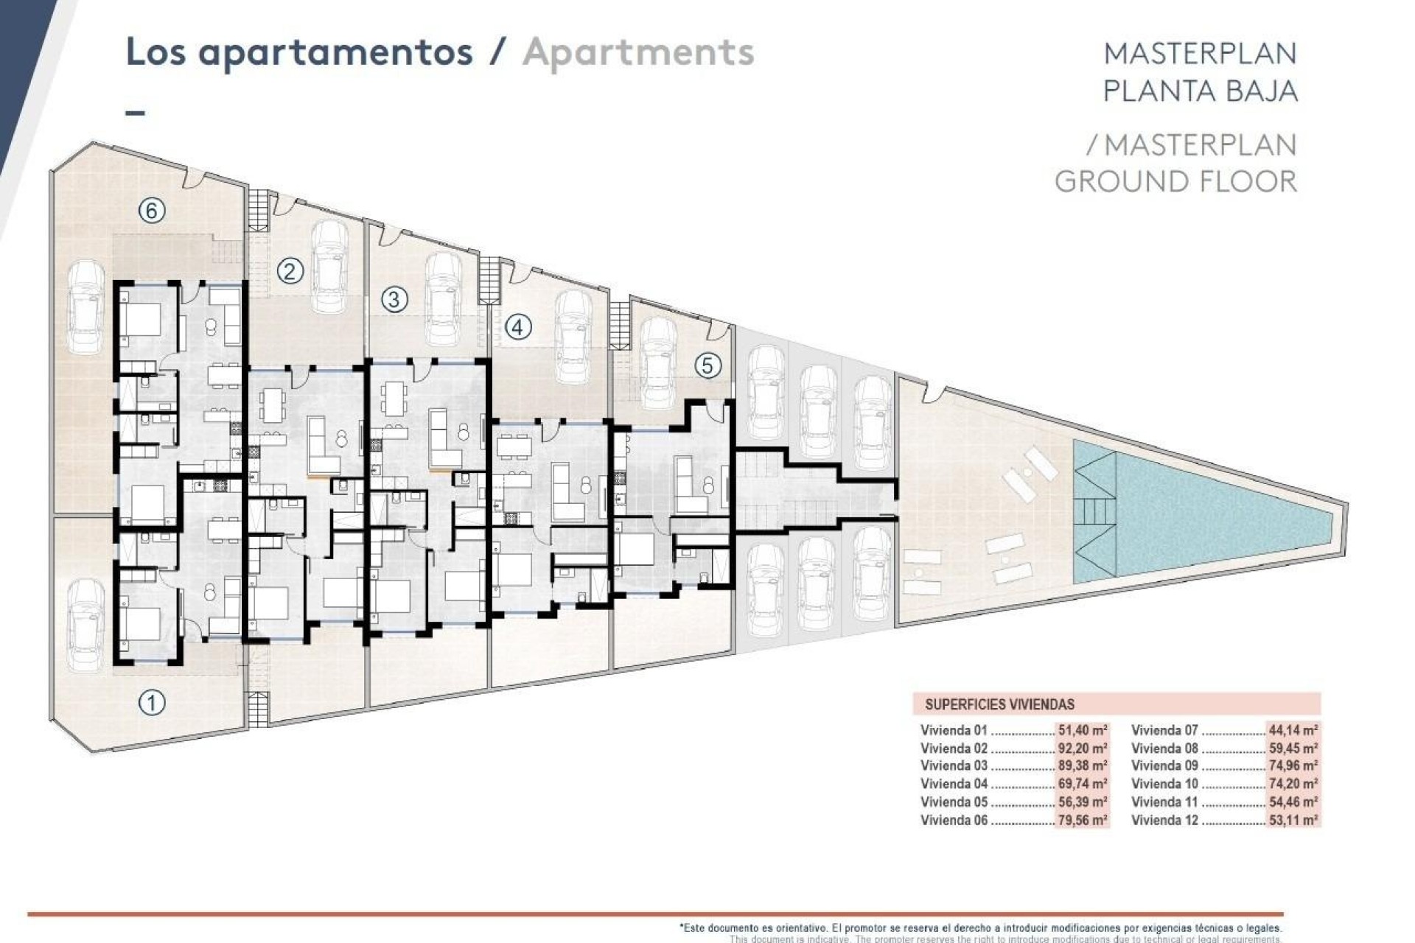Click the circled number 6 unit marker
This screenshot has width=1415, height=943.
[152, 211]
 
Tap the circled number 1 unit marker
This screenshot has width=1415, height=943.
[152, 703]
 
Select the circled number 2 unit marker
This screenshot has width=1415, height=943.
[290, 272]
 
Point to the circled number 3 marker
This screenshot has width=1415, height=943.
[395, 300]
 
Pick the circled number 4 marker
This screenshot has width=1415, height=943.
[518, 326]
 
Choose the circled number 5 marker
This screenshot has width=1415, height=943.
[707, 365]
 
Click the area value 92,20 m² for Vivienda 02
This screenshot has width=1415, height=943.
[1082, 749]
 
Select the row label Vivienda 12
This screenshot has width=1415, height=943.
[1164, 820]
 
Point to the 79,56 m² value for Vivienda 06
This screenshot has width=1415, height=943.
[1082, 820]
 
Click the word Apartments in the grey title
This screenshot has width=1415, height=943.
[638, 52]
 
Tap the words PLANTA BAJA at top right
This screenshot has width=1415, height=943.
[1200, 91]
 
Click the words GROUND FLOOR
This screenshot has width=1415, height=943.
[1175, 181]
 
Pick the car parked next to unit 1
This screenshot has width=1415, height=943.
[86, 623]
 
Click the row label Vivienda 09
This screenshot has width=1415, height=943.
[1164, 766]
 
